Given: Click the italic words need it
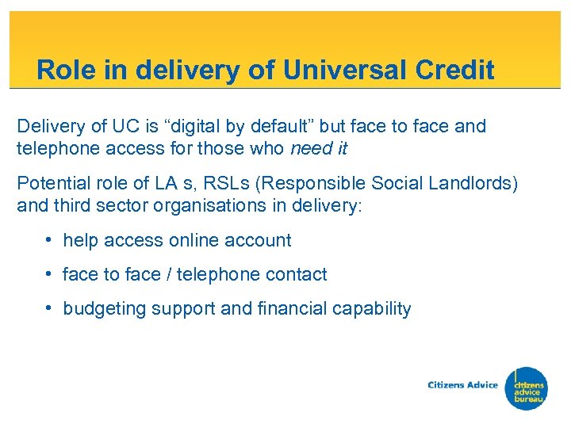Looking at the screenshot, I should [x=319, y=148].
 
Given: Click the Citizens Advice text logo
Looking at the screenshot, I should [x=462, y=385].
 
